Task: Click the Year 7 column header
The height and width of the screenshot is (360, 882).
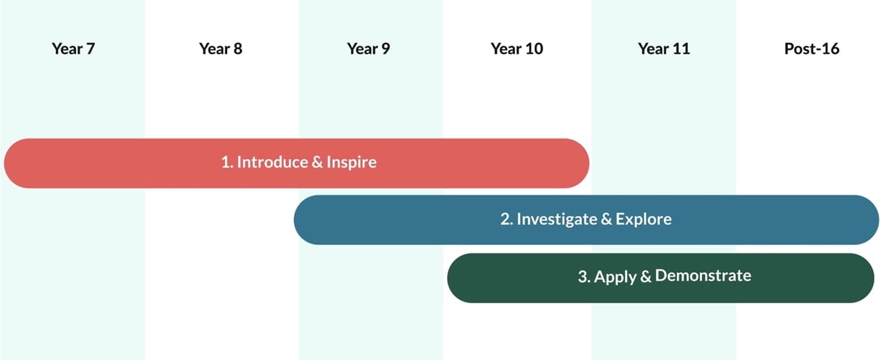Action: [x=73, y=49]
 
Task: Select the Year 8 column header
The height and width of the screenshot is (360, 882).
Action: [x=220, y=49]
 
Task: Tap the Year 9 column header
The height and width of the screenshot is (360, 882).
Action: [x=368, y=49]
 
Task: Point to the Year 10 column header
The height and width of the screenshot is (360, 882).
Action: [x=516, y=49]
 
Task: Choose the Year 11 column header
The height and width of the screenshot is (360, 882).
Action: [x=664, y=49]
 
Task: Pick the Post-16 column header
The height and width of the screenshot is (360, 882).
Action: [x=811, y=49]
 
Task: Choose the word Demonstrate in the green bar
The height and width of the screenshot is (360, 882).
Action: [x=703, y=276]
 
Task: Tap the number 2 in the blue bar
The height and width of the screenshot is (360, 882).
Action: [x=505, y=219]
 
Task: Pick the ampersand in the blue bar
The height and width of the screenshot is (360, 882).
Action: [x=607, y=219]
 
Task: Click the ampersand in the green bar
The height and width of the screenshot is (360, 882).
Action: [x=646, y=276]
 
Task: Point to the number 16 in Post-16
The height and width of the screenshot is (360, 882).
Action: [x=830, y=49]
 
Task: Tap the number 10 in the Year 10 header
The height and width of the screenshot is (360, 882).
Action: [x=533, y=49]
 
